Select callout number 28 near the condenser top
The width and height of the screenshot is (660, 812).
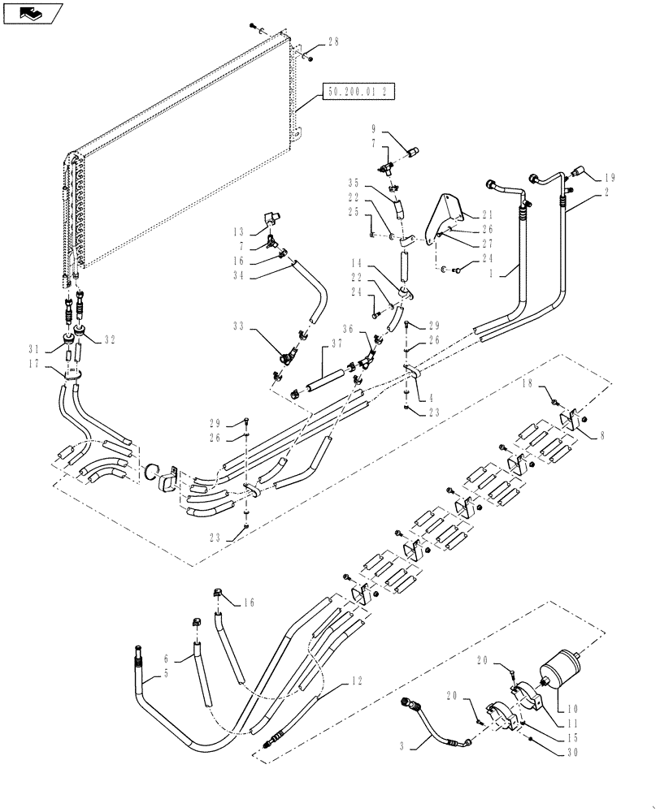[334, 42]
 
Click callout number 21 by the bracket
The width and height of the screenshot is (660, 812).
[487, 215]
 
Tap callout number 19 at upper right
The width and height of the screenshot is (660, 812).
[611, 176]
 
